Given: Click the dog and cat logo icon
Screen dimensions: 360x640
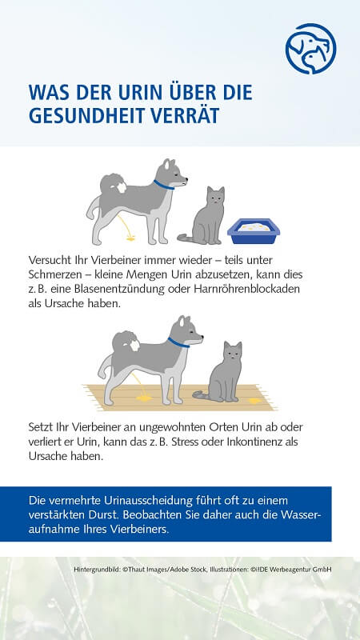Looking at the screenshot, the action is point(310,49).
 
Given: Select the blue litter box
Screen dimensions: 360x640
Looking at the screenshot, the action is point(254,231).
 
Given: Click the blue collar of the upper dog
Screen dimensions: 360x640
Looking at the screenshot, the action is point(163,185).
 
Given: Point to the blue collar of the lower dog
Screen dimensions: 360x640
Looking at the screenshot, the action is point(178,342).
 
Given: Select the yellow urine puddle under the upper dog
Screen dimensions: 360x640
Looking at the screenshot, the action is point(130,238).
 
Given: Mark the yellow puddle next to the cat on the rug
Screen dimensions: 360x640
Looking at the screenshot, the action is point(255,402).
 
